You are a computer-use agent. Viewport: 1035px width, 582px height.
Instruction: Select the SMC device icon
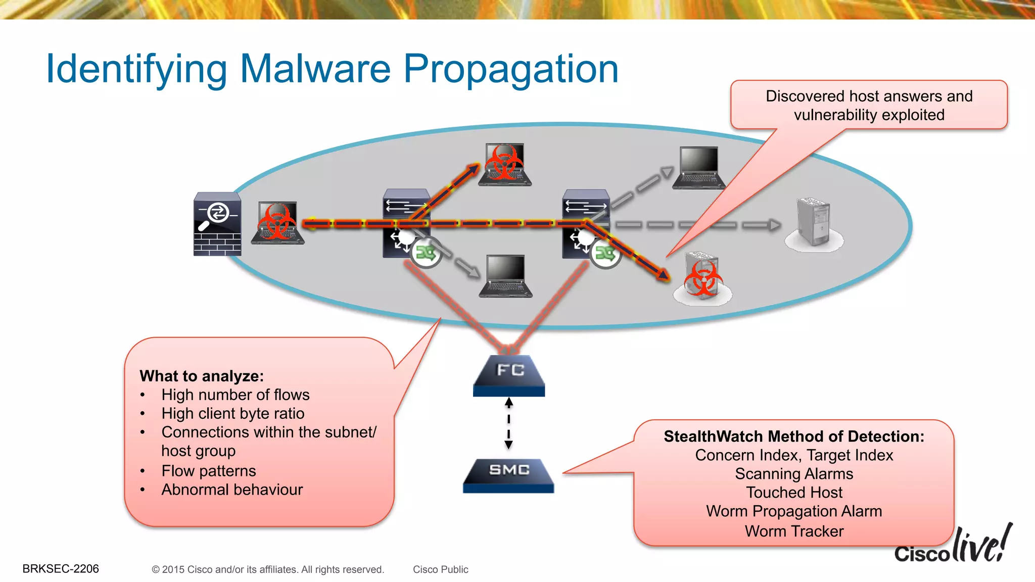point(508,475)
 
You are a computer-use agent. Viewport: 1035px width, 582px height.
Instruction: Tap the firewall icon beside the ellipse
point(217,224)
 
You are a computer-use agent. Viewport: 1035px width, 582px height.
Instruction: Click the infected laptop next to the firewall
point(277,223)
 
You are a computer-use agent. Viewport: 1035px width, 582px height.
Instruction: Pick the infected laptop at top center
point(505,165)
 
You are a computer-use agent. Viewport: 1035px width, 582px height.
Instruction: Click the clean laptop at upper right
point(699,168)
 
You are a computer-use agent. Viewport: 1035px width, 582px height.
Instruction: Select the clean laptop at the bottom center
point(505,276)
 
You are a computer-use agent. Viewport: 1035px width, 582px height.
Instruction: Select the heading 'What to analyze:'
point(202,376)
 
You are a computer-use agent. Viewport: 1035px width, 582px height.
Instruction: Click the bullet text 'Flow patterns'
point(209,471)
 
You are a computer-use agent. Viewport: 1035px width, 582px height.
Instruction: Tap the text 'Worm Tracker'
point(794,531)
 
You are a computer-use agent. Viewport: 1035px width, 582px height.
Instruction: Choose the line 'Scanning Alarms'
point(794,474)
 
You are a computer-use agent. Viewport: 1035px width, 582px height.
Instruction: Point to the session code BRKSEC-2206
point(61,569)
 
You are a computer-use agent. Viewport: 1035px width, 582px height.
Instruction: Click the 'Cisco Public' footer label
point(440,569)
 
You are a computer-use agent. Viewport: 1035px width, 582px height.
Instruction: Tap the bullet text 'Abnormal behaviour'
point(232,490)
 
